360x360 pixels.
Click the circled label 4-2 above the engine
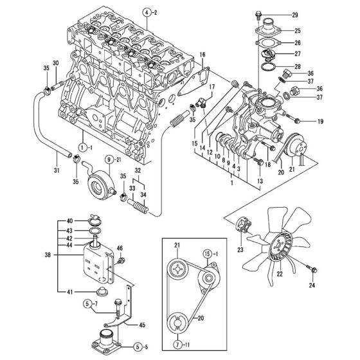(149, 12)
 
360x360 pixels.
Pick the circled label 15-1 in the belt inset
(210, 253)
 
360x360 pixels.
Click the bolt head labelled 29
(257, 14)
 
